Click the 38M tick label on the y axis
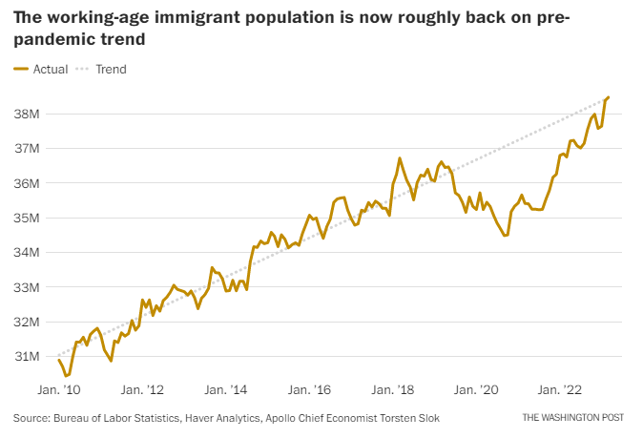coord(26,114)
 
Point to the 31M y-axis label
coord(26,356)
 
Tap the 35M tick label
coord(26,218)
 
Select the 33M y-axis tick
coord(26,287)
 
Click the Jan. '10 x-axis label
coord(59,390)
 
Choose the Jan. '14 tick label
coord(227,390)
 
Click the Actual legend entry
coord(41,69)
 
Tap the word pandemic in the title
coord(53,40)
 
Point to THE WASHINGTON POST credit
coord(575,418)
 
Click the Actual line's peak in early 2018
coord(400,158)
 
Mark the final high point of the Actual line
coord(609,97)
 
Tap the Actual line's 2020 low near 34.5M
coord(505,235)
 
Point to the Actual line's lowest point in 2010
coord(66,376)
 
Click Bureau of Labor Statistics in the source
coord(113,418)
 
